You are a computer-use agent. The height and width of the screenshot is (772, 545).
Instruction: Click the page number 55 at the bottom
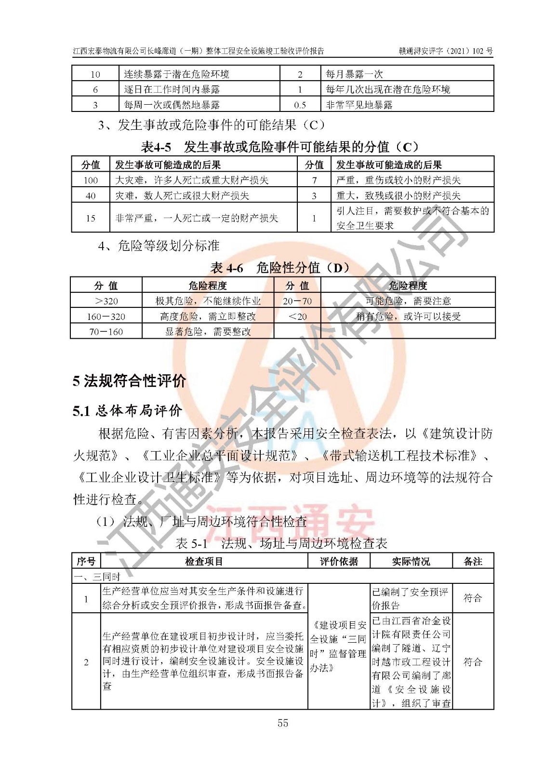(x=282, y=723)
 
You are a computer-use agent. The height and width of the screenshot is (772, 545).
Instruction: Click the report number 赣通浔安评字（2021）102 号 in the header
(x=445, y=51)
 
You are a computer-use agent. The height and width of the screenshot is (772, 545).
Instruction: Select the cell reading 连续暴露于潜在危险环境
(x=176, y=74)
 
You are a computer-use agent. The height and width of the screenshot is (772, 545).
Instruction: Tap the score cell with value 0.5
(x=300, y=105)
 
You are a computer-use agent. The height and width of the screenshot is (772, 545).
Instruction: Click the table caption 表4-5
(x=156, y=146)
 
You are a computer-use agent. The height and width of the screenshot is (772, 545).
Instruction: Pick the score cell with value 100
(x=91, y=180)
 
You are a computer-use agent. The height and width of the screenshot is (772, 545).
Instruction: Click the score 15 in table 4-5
(x=91, y=218)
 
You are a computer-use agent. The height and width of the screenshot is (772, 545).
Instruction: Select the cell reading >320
(x=106, y=301)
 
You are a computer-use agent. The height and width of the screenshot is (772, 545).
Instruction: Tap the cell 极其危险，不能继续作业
(x=208, y=301)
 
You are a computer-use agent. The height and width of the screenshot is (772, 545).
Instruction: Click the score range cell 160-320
(x=106, y=317)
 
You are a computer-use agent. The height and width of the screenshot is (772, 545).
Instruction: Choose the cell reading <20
(x=297, y=317)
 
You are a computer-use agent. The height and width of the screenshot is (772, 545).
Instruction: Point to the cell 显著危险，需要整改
(x=208, y=331)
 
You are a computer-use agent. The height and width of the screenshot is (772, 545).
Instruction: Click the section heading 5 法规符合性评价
(x=129, y=381)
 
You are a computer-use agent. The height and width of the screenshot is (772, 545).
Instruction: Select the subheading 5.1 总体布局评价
(x=127, y=411)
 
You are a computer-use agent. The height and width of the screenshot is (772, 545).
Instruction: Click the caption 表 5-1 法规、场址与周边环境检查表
(x=281, y=543)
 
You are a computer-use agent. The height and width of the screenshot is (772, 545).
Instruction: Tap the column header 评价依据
(x=339, y=561)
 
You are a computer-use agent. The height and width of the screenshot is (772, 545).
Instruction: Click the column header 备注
(x=472, y=561)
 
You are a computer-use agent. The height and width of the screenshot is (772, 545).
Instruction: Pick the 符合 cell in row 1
(x=472, y=598)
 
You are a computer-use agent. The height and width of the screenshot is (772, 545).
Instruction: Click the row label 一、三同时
(x=97, y=577)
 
